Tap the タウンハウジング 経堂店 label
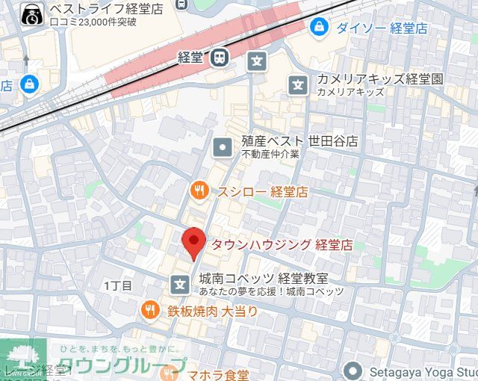282,245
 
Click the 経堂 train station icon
220,56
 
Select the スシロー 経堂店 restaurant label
262,191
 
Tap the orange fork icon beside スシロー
199,190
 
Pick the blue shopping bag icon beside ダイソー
319,27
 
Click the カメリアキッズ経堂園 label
380,79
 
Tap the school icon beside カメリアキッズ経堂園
298,85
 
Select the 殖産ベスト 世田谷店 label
299,141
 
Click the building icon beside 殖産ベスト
223,147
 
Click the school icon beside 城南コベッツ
180,284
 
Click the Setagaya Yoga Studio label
422,370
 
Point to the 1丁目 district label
118,286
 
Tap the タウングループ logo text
121,366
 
